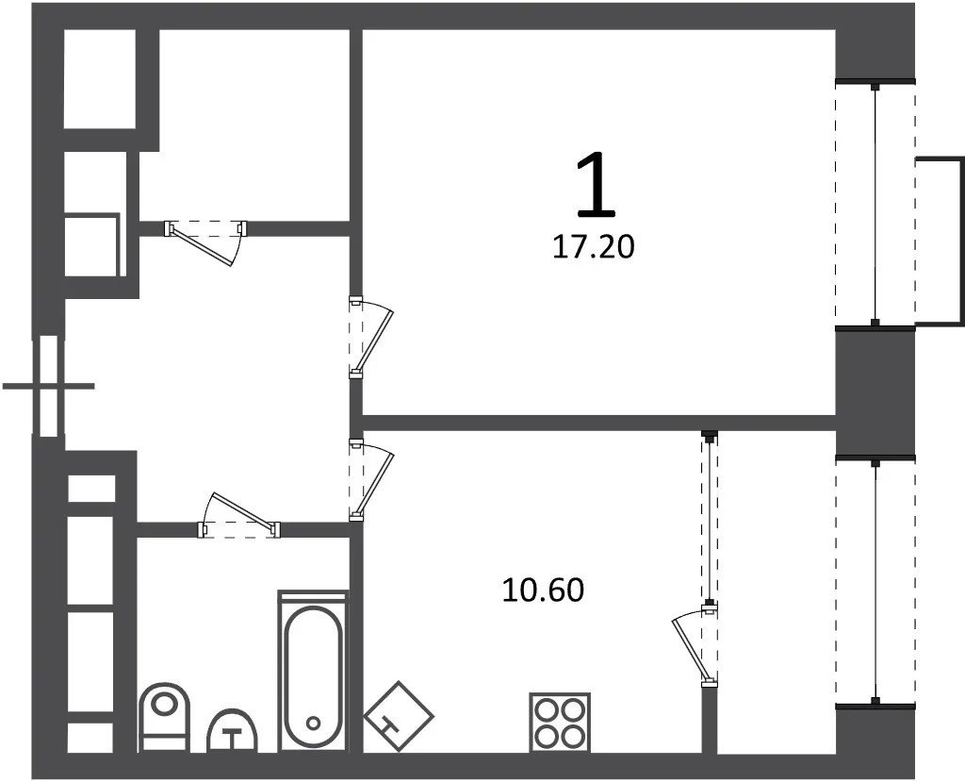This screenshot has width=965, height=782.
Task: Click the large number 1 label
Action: [597, 187]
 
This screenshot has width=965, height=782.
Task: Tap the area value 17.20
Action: [594, 248]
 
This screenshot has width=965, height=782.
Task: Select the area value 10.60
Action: [543, 591]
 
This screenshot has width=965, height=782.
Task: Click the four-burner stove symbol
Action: [560, 723]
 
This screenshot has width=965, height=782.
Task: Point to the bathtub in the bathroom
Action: [313, 671]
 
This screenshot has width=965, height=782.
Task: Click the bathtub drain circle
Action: [313, 723]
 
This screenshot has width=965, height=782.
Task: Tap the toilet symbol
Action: [164, 717]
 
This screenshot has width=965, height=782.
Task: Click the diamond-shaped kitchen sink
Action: [399, 717]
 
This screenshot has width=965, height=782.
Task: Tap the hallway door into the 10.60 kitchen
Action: [371, 480]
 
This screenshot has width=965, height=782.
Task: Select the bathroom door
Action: [238, 515]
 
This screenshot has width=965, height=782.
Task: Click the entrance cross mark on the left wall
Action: [49, 387]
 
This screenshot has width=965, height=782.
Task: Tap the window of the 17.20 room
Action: [875, 204]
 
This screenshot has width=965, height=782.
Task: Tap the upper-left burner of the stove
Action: [546, 708]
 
